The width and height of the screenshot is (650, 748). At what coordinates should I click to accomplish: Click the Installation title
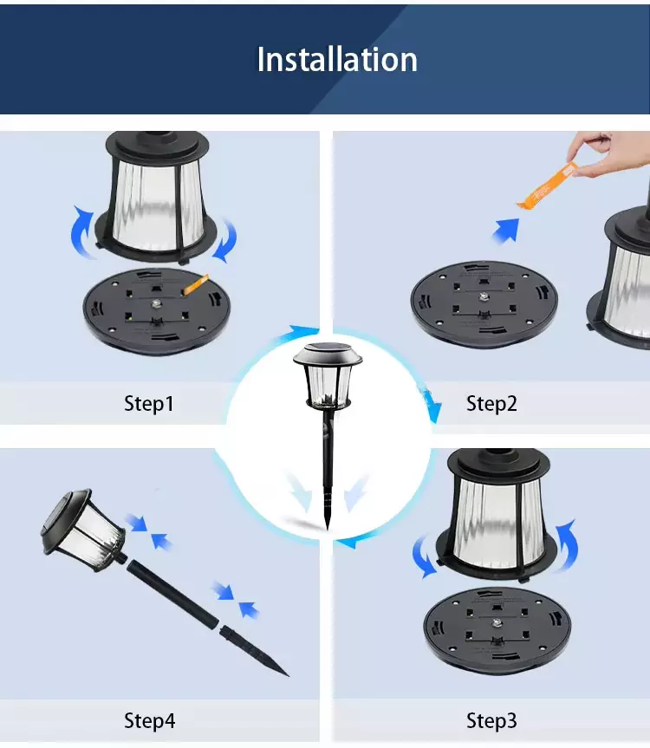click(337, 60)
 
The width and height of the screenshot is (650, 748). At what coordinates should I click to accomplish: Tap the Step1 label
click(149, 404)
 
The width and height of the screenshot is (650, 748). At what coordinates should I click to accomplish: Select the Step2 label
click(491, 404)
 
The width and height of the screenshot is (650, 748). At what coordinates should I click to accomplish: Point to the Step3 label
click(491, 721)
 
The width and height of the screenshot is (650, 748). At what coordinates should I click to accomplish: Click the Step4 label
click(149, 721)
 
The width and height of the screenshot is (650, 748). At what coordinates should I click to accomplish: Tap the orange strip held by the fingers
click(549, 186)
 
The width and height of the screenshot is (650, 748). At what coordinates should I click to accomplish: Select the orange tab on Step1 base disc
click(197, 284)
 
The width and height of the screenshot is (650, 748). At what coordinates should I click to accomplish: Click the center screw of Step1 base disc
click(156, 304)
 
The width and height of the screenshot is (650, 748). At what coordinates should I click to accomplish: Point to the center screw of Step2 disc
click(484, 297)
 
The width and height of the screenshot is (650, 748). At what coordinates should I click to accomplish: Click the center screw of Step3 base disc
click(497, 623)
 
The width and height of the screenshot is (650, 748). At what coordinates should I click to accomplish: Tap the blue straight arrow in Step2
click(506, 231)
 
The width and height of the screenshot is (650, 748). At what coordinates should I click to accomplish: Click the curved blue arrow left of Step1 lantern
click(81, 231)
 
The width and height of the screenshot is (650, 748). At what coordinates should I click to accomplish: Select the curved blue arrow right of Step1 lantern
click(225, 241)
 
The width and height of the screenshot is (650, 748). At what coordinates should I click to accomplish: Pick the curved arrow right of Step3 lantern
click(567, 545)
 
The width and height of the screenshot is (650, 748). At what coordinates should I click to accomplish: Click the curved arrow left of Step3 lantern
click(423, 556)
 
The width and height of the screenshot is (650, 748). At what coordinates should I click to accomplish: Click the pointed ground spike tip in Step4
click(288, 675)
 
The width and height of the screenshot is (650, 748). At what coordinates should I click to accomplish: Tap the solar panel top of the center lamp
click(328, 350)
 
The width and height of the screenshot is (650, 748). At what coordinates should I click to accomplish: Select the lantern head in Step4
click(84, 529)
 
